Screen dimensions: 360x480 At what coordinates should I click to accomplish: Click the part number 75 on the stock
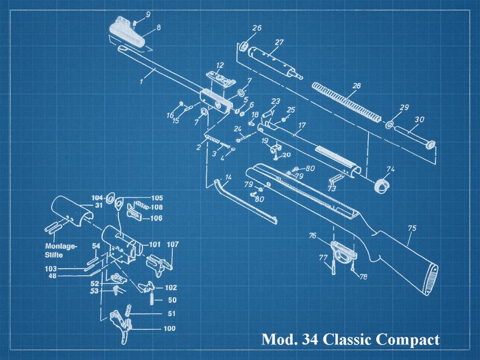[412, 228]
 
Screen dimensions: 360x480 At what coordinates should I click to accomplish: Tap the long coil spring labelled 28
[347, 100]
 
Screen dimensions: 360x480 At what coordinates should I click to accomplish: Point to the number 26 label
[257, 28]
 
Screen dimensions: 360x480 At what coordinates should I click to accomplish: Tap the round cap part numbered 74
[381, 185]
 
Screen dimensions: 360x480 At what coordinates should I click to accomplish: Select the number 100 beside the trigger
[169, 328]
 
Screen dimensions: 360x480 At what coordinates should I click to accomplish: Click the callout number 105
[157, 197]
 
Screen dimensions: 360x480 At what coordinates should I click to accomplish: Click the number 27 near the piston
[279, 43]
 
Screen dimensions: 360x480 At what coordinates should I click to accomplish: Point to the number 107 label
[173, 244]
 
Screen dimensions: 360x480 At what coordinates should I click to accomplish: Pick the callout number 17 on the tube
[302, 125]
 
